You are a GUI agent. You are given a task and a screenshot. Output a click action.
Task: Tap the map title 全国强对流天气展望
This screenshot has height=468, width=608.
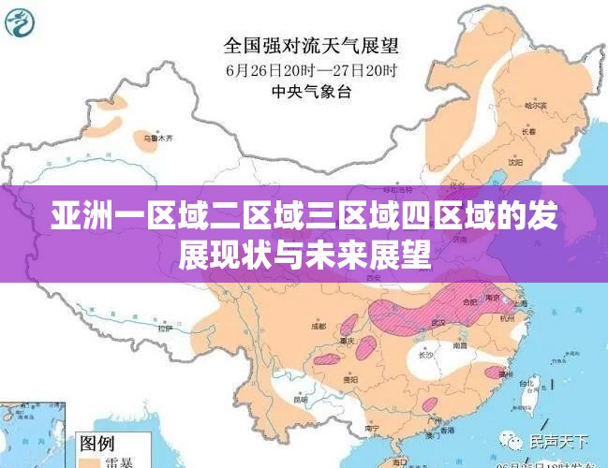(x=310, y=44)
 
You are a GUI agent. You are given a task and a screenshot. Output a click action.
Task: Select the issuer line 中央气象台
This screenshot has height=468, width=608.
(x=309, y=91)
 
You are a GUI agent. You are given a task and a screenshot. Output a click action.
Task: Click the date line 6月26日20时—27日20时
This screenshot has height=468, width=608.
(x=310, y=69)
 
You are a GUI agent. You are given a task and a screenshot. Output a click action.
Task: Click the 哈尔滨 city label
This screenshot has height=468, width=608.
(x=535, y=106)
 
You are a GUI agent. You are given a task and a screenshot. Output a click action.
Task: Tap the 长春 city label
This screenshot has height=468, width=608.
(x=529, y=132)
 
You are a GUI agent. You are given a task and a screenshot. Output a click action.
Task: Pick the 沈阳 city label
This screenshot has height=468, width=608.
(x=514, y=161)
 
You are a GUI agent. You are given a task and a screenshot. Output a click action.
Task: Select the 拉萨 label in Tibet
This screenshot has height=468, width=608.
(x=165, y=329)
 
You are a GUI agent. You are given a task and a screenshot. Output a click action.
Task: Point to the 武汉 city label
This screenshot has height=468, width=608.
(x=437, y=322)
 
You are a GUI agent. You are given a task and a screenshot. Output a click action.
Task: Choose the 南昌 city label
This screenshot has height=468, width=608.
(x=460, y=345)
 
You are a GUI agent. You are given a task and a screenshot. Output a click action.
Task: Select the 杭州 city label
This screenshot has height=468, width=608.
(x=507, y=318)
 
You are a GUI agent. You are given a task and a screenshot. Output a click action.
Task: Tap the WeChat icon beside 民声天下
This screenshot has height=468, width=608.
(x=513, y=440)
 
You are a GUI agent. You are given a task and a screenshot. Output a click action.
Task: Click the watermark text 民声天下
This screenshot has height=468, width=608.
(x=558, y=441)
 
